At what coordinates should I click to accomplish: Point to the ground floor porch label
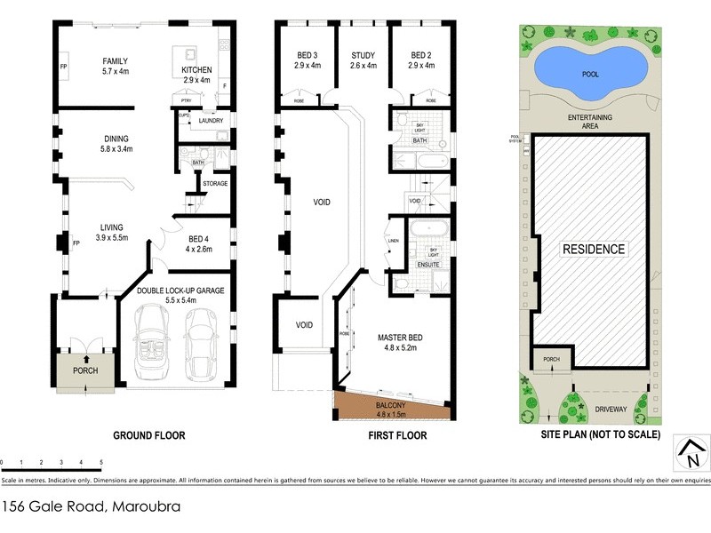(x=85, y=370)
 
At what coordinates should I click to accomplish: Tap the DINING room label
(x=116, y=139)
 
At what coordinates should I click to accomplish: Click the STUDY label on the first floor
(x=363, y=54)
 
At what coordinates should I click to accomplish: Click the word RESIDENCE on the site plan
(x=593, y=250)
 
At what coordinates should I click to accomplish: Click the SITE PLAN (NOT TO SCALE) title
(x=600, y=436)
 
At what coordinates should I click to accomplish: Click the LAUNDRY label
(x=211, y=121)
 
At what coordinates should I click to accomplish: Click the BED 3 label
(x=308, y=54)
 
